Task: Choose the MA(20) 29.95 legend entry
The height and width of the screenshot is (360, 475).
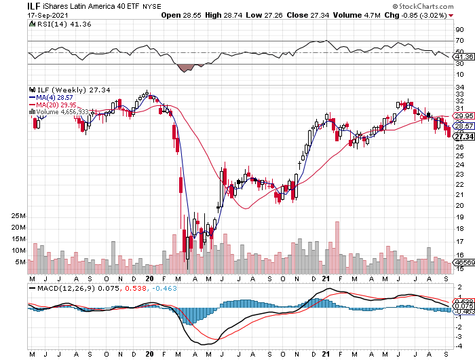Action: pos(54,105)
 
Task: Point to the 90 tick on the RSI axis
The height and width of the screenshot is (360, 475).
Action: pos(459,29)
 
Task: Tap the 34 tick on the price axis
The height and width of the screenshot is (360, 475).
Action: pos(459,86)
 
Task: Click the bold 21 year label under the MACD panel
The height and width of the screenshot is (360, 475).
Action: pos(326,354)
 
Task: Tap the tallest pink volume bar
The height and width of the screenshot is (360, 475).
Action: pos(336,247)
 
